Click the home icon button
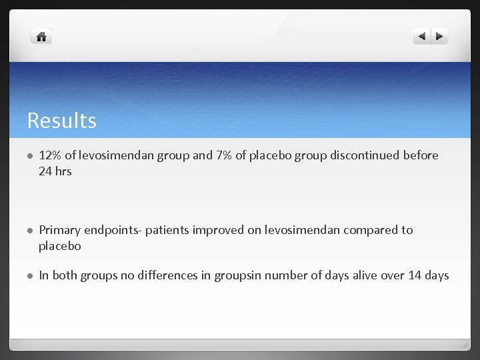41,37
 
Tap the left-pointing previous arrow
421,37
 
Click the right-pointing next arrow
440,37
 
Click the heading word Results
61,121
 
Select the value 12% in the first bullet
50,155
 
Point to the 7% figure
223,155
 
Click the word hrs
64,171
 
